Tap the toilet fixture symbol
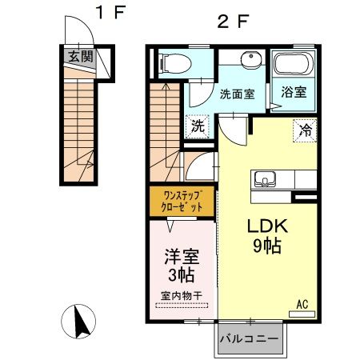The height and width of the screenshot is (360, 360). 171,62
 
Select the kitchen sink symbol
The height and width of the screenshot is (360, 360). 264,178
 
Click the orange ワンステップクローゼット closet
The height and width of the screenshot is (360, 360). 181,200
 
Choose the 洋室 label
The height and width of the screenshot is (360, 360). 182,258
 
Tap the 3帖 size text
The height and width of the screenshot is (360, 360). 182,276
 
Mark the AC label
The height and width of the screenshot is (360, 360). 302,304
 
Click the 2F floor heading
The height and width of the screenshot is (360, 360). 233,22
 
